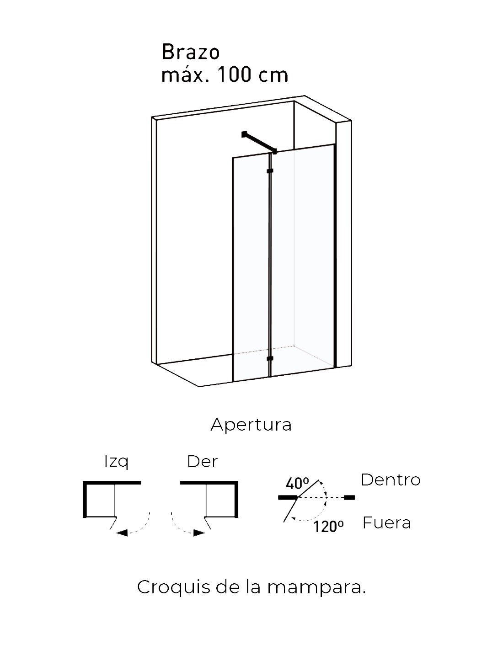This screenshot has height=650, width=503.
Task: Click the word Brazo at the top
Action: [190, 52]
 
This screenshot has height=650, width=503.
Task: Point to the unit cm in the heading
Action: [273, 76]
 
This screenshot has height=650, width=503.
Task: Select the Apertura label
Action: [251, 426]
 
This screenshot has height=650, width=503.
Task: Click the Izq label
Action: [117, 462]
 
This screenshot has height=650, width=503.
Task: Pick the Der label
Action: [202, 462]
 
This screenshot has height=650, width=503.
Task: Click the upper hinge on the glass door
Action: [270, 171]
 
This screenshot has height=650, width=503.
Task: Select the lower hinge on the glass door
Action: [270, 358]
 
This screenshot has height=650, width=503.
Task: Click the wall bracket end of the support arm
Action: [244, 134]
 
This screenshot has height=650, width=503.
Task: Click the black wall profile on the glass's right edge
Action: [335, 256]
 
